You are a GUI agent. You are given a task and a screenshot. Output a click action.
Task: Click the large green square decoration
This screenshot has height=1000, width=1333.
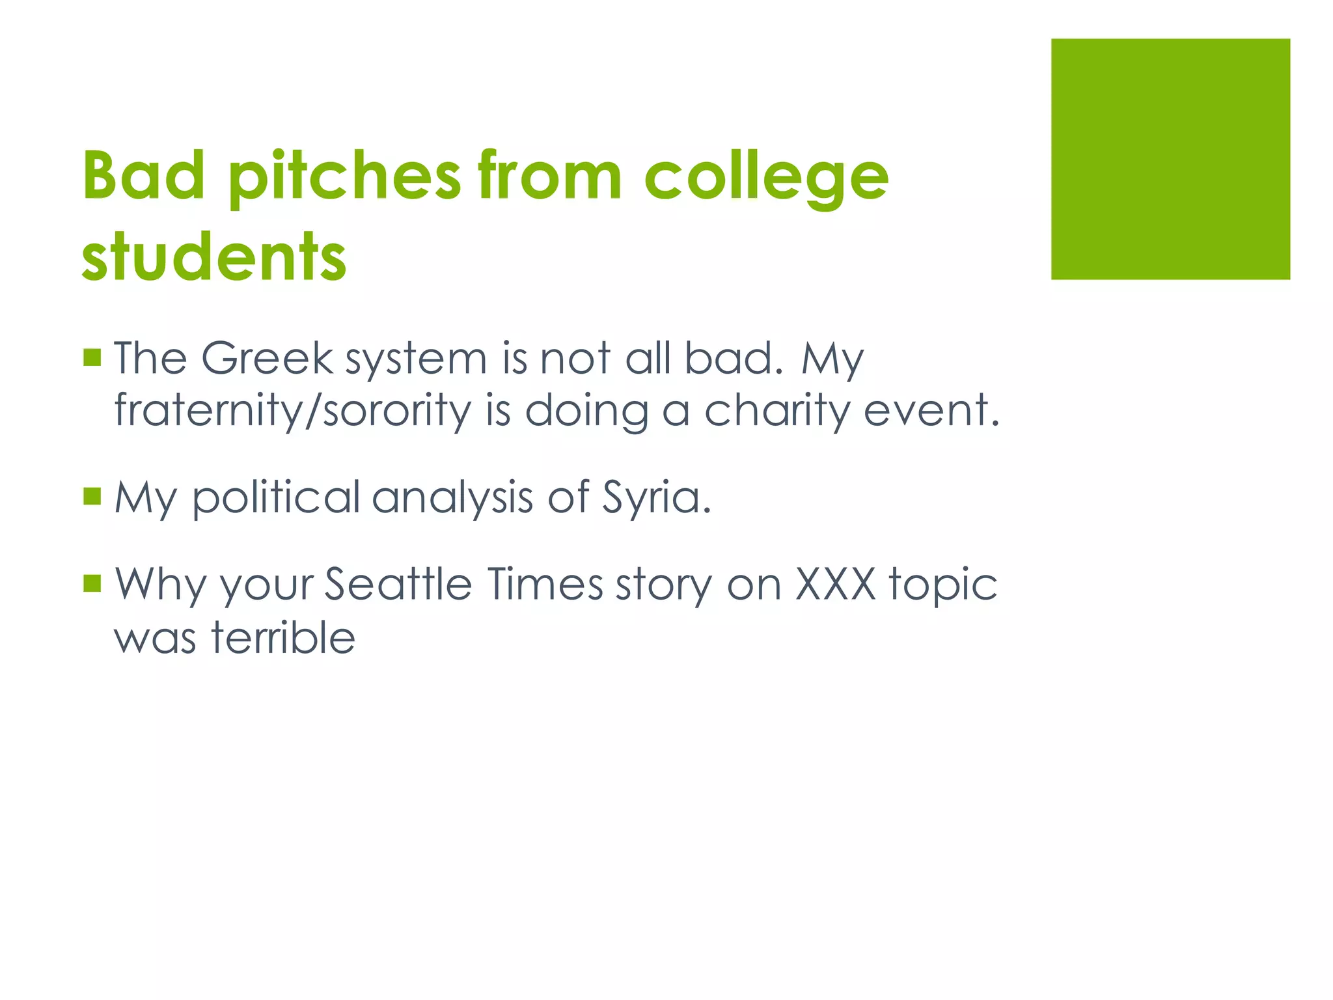(x=1170, y=159)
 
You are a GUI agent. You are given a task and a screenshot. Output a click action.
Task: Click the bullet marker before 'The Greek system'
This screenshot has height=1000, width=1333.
(x=92, y=357)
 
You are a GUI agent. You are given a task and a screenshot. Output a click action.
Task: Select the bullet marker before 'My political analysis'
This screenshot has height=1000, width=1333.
(x=92, y=497)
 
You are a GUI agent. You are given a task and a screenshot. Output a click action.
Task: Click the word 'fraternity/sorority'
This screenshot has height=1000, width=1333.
(x=292, y=411)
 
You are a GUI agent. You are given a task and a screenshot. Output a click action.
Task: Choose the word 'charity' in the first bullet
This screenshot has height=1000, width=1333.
(x=777, y=411)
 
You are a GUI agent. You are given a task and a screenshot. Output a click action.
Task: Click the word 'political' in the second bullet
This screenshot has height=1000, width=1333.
(x=276, y=498)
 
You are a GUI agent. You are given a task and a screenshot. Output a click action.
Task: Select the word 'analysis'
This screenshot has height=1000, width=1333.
(x=453, y=498)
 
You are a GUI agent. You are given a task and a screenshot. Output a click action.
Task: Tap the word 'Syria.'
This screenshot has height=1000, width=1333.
(x=657, y=498)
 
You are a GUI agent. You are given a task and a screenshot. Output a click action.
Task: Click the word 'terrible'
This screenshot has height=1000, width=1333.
(x=283, y=637)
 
